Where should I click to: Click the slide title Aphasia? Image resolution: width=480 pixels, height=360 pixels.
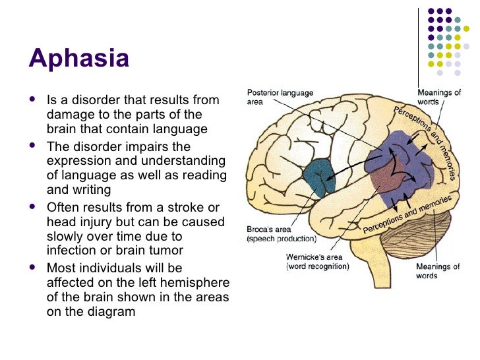78,60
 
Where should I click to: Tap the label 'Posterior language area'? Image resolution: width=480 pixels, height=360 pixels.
280,98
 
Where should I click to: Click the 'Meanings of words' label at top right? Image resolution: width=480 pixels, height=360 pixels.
438,98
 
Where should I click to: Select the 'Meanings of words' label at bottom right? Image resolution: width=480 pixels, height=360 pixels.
437,271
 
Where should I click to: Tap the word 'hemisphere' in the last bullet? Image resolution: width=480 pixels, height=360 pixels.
196,282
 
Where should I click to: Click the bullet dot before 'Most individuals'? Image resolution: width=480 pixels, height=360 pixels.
34,268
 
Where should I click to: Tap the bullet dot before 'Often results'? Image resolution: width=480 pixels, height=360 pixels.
34,208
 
